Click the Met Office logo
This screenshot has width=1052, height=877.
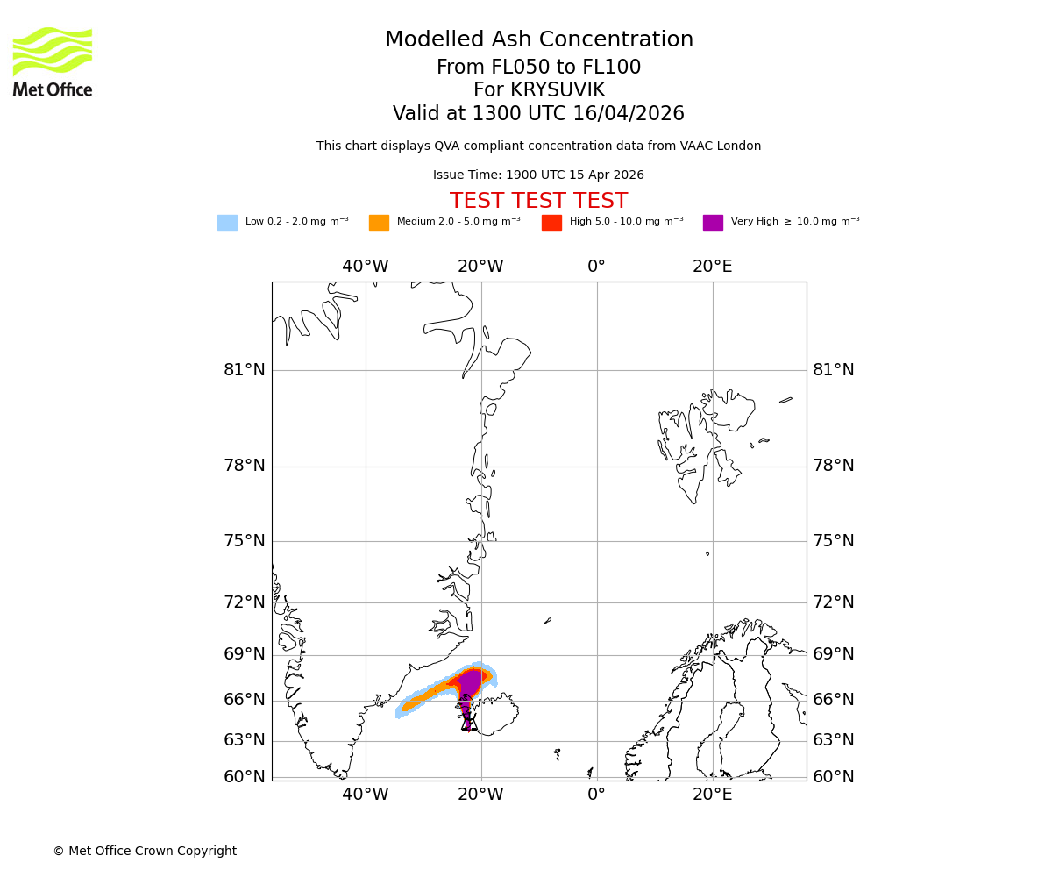(53, 61)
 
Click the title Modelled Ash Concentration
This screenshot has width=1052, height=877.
(538, 39)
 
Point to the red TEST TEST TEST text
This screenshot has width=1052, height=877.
(538, 201)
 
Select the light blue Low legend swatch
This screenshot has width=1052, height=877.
(227, 222)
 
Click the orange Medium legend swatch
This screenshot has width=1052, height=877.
(379, 222)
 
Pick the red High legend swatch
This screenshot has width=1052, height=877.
(551, 222)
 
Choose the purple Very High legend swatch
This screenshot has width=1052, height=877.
(713, 222)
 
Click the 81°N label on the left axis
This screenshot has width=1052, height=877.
(244, 370)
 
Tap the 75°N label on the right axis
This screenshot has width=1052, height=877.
(833, 540)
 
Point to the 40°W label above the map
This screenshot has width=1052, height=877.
(365, 267)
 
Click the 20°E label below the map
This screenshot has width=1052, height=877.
(712, 795)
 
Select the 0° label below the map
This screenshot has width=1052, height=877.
(596, 795)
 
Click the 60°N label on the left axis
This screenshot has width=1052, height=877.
(244, 777)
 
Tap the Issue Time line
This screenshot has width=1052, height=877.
(538, 175)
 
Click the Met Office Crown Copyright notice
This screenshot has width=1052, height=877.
(145, 851)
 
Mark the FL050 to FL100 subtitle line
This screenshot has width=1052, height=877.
(538, 68)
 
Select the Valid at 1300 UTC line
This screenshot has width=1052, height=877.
(538, 113)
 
